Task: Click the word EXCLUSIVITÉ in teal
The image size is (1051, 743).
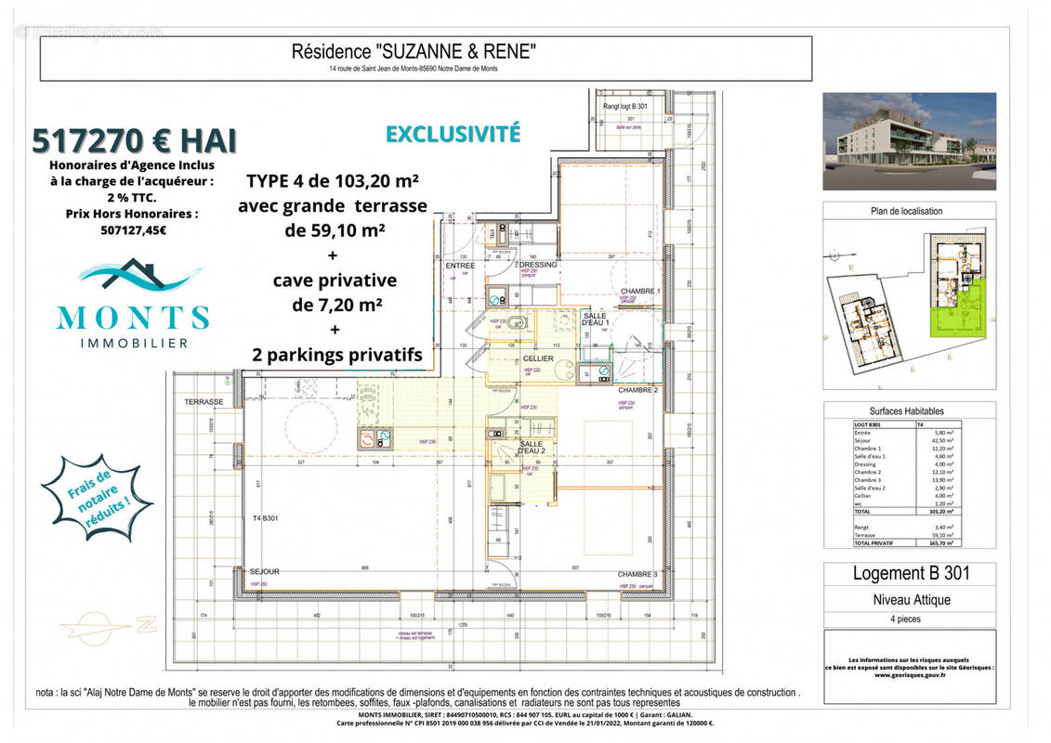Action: click(453, 133)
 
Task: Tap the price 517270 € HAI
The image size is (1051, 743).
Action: click(135, 139)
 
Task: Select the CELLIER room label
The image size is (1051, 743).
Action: click(537, 358)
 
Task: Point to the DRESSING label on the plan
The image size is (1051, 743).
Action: click(538, 265)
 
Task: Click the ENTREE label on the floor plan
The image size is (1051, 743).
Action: click(460, 266)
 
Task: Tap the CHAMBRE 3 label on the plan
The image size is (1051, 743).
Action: click(637, 575)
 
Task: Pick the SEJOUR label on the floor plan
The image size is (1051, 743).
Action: click(265, 571)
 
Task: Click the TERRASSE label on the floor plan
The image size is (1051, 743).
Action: click(204, 402)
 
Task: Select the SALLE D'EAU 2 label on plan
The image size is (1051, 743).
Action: click(530, 450)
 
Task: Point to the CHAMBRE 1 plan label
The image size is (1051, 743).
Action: click(640, 291)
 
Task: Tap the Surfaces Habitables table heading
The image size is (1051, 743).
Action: click(906, 411)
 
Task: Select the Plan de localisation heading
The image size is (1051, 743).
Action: click(906, 211)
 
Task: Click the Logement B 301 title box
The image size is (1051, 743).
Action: click(910, 574)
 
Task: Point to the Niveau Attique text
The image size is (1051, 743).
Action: click(910, 600)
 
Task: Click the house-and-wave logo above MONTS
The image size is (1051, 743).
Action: click(135, 274)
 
